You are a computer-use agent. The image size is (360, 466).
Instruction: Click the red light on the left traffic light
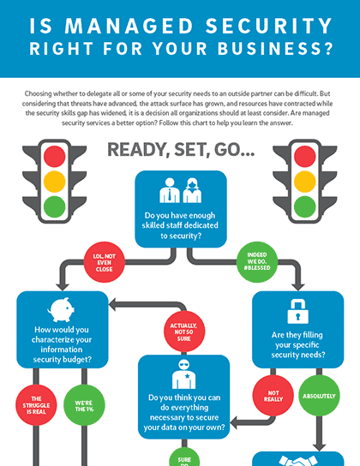(x=54, y=156)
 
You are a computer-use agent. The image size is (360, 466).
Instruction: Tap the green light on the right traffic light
(x=304, y=206)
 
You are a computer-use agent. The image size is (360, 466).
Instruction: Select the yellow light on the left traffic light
(x=54, y=182)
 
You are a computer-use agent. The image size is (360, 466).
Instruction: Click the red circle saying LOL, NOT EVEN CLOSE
(x=104, y=262)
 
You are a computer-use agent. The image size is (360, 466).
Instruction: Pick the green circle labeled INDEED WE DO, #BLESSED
(x=257, y=261)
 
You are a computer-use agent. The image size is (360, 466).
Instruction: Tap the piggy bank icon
(x=61, y=310)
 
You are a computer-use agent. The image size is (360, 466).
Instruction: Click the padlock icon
(x=297, y=312)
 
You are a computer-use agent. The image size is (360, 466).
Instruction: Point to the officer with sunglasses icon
(x=184, y=374)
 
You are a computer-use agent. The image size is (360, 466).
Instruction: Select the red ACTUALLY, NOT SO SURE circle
(x=184, y=332)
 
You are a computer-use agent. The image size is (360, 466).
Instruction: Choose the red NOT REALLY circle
(x=273, y=396)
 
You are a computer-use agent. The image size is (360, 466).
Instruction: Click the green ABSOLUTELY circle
(x=319, y=396)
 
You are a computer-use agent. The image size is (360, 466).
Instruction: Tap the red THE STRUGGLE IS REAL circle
(x=36, y=405)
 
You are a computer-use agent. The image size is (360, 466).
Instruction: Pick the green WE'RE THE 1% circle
(x=84, y=405)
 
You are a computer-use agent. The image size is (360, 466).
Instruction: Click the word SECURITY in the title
(x=269, y=26)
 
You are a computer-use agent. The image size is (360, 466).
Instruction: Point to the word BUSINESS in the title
(x=275, y=49)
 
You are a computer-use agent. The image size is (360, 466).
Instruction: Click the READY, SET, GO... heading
(x=181, y=150)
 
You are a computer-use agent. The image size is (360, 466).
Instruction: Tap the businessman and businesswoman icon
(x=181, y=190)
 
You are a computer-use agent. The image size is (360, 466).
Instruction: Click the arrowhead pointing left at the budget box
(x=112, y=305)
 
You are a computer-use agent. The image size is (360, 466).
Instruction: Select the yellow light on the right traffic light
(x=304, y=182)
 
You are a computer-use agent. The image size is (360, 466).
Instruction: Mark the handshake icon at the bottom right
(x=298, y=461)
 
